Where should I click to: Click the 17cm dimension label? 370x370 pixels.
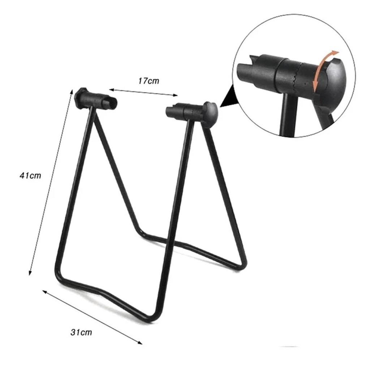(x=149, y=81)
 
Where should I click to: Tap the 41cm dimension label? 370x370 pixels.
(x=30, y=176)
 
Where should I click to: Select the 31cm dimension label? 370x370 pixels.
(x=81, y=332)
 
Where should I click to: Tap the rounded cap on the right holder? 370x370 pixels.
(x=210, y=114)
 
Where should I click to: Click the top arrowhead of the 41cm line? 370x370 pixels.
(x=72, y=91)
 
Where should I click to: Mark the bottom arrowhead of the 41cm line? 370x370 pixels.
(x=30, y=272)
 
